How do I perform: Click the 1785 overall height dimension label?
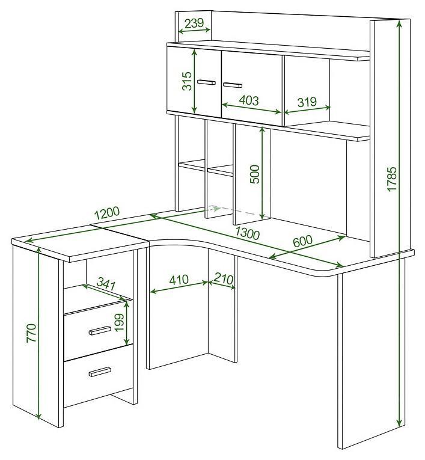(x=392, y=179)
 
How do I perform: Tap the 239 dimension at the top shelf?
(x=194, y=23)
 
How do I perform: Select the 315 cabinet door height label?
(x=187, y=81)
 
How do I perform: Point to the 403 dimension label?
(x=249, y=100)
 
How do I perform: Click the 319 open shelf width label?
(x=307, y=102)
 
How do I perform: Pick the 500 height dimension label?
(x=255, y=174)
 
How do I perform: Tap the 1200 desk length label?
(x=108, y=213)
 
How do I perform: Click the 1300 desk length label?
(x=247, y=233)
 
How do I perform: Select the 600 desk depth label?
(x=303, y=241)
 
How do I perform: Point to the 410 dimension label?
(x=179, y=279)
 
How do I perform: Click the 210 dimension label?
(x=224, y=278)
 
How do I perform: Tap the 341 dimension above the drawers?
(x=106, y=284)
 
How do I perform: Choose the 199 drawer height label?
(x=120, y=323)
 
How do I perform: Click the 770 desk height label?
(x=31, y=333)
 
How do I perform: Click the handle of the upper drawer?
(x=100, y=330)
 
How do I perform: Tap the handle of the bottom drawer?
(x=100, y=372)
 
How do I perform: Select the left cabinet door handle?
(x=206, y=82)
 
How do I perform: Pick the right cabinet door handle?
(x=232, y=85)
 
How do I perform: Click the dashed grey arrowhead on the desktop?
(x=217, y=208)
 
